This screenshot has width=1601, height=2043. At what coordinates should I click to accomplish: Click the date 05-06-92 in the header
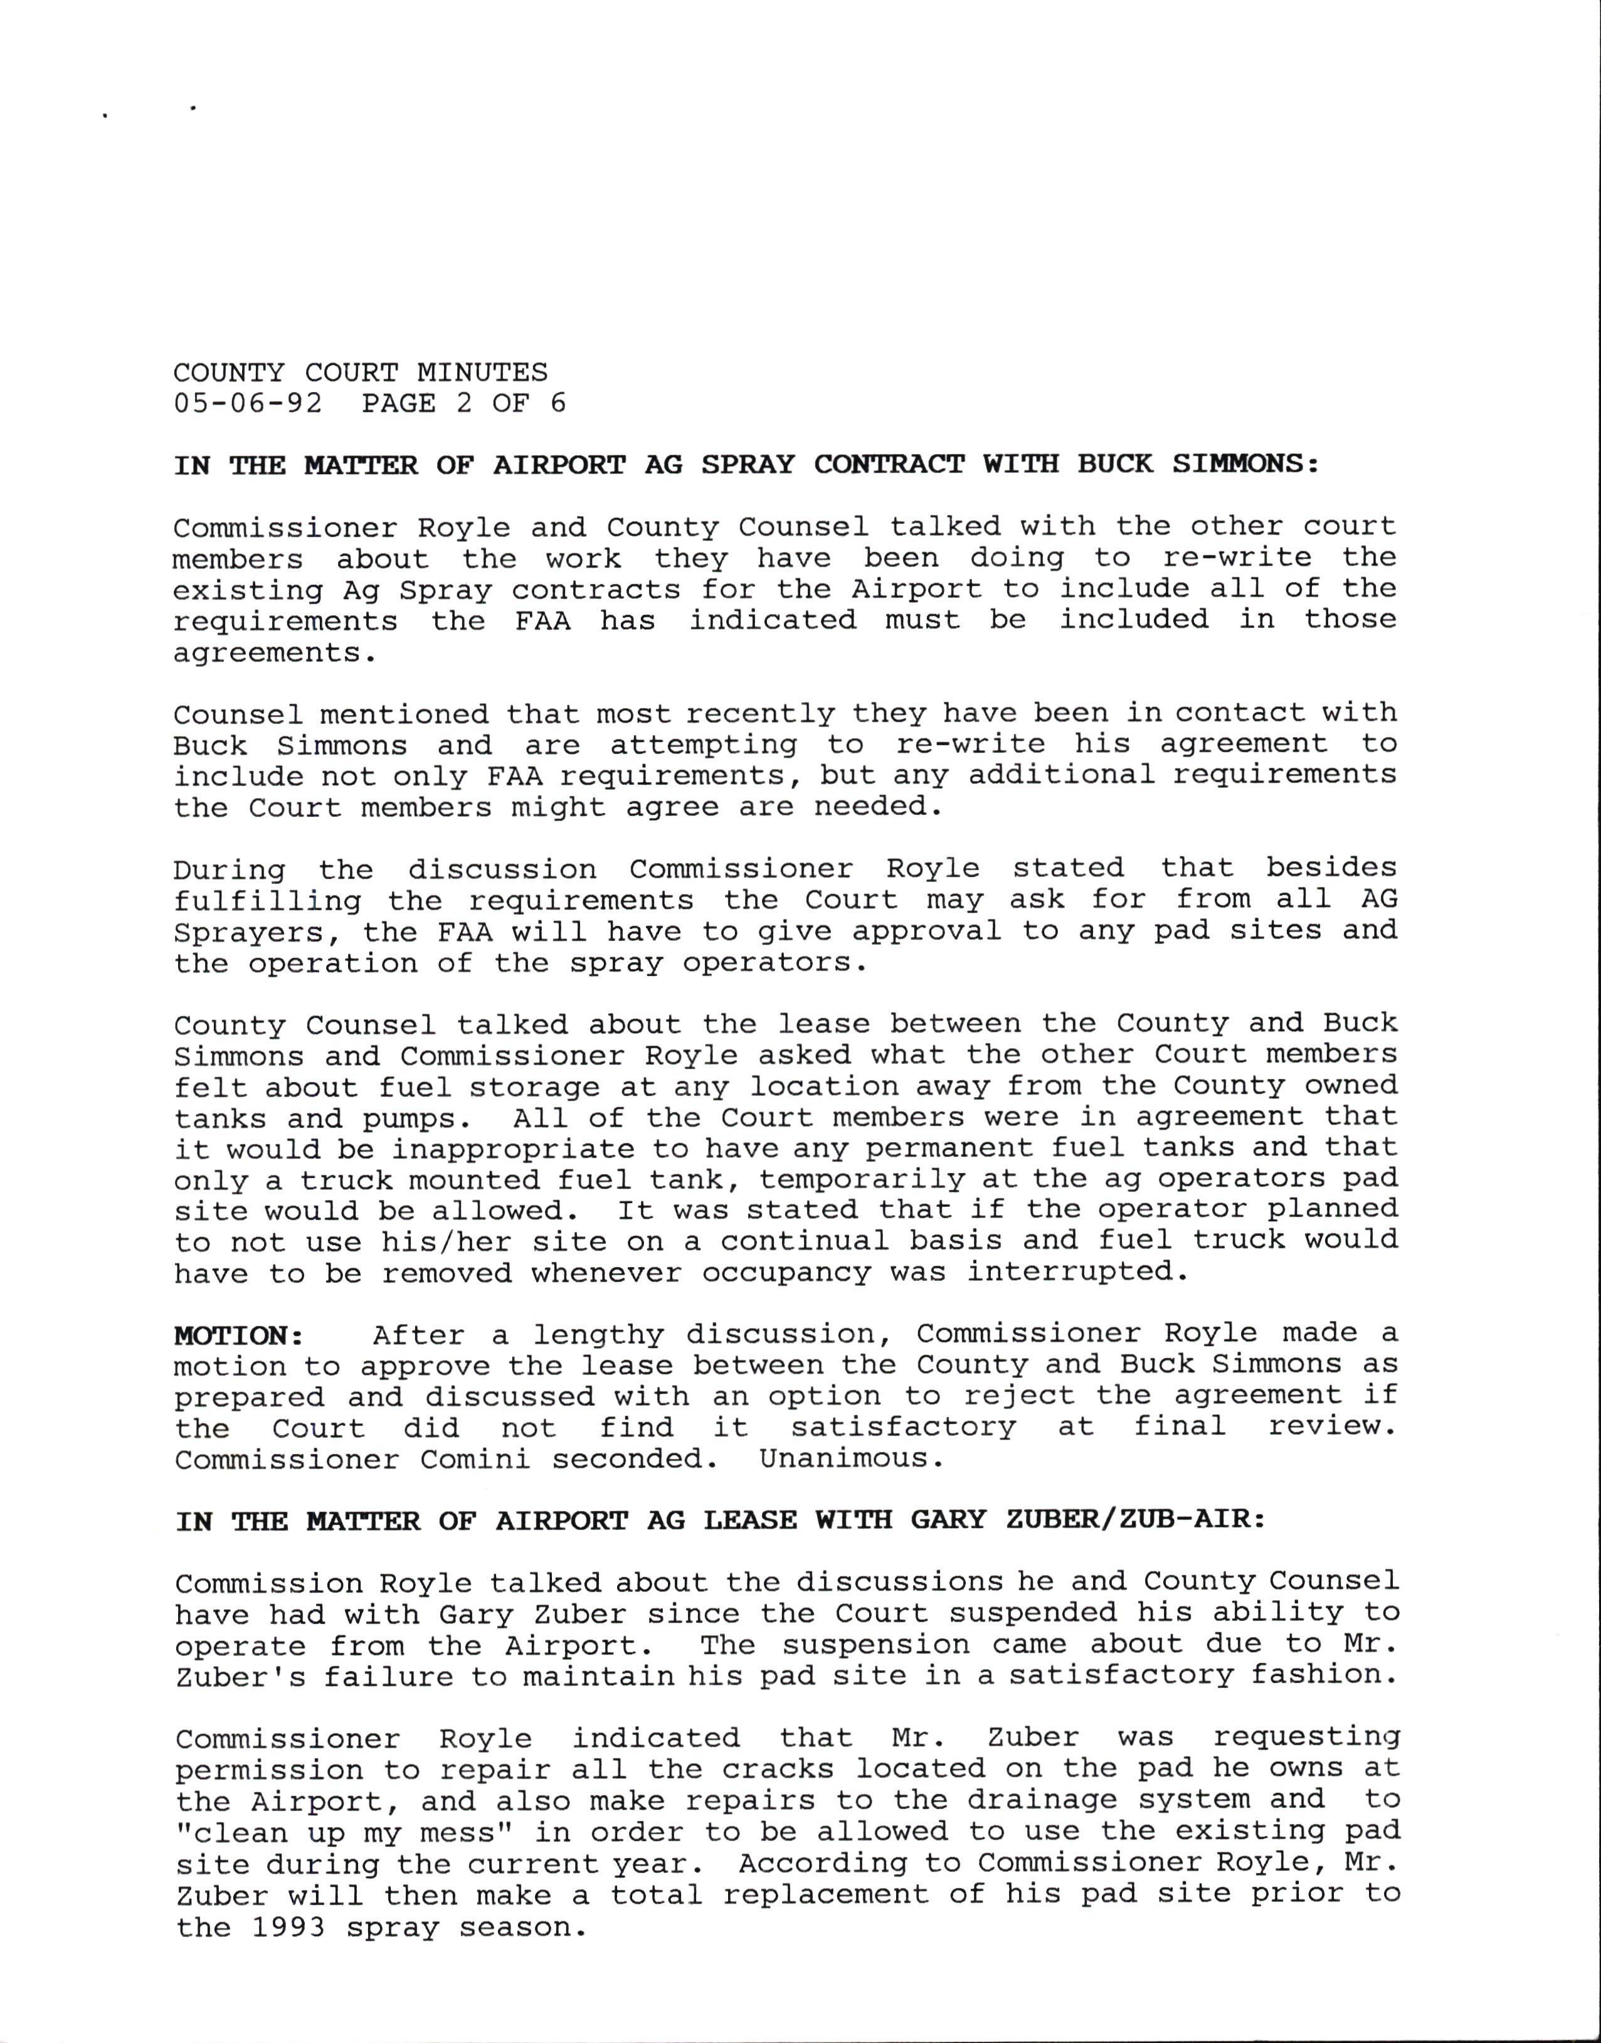(x=248, y=403)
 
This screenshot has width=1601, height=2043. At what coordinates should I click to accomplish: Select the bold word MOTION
(x=235, y=1335)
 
